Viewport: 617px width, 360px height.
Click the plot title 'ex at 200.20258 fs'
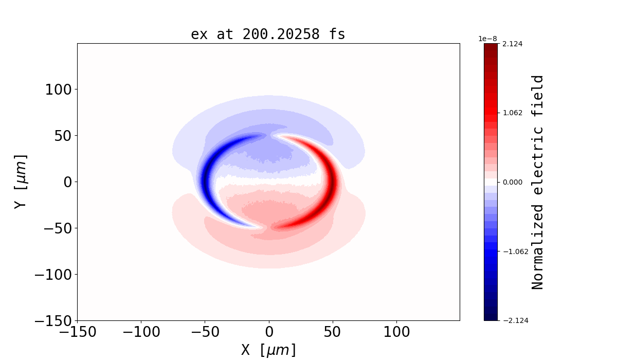(268, 34)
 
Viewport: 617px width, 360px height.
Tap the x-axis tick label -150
(78, 332)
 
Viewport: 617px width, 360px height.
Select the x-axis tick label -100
(141, 332)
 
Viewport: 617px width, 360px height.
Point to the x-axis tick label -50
(205, 332)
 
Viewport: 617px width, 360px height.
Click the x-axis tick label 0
(269, 332)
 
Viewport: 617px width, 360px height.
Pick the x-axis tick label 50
(333, 332)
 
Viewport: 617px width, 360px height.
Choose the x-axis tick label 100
(396, 332)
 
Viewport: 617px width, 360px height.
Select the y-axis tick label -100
(52, 275)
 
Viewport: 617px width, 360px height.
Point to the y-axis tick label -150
(52, 320)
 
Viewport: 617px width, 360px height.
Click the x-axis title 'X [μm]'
(269, 350)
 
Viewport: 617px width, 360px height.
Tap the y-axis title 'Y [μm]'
(21, 181)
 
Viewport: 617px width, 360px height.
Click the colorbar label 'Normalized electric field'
(538, 182)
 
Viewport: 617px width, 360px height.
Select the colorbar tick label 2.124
(512, 44)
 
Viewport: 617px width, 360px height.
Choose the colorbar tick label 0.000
(512, 182)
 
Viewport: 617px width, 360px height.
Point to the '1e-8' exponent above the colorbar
(488, 39)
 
